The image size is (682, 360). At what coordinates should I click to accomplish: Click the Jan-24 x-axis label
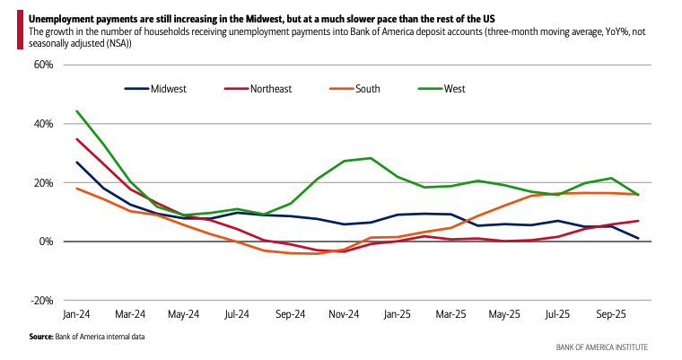tap(76, 315)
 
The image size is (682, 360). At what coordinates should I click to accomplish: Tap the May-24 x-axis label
tap(183, 315)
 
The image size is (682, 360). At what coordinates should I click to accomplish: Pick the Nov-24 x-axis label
tap(344, 315)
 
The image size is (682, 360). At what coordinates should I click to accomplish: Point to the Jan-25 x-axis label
tap(397, 315)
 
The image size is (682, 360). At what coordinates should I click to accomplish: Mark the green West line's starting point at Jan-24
tap(77, 111)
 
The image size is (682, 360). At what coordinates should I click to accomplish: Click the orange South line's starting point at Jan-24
tap(77, 189)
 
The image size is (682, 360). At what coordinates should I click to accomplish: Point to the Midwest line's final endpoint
tap(638, 238)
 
